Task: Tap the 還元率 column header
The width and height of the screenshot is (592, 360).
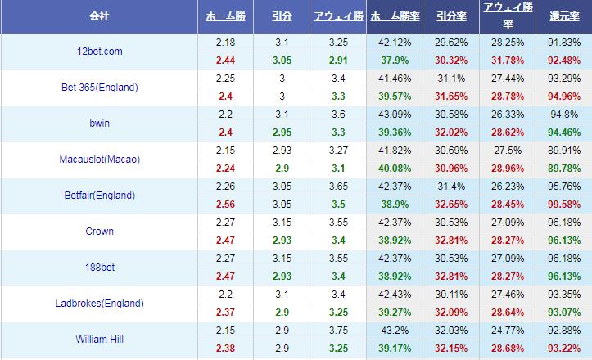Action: pos(564,16)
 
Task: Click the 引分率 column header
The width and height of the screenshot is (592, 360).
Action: pos(451,16)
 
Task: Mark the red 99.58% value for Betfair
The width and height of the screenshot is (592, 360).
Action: pos(564,205)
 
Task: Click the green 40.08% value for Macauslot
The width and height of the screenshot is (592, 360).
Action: pos(395,169)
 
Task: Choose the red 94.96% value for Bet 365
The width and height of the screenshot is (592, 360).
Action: pos(564,97)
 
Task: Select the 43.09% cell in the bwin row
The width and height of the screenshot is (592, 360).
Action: pos(395,114)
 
